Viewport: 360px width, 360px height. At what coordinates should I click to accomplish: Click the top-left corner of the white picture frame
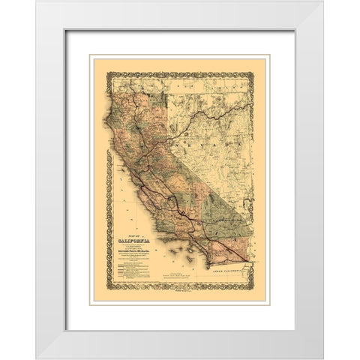(36, 1)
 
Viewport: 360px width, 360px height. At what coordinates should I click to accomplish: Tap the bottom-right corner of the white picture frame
(324, 358)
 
